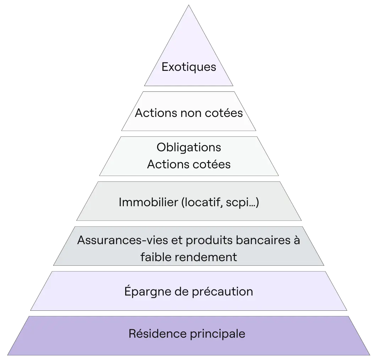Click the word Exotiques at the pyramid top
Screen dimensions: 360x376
click(x=189, y=67)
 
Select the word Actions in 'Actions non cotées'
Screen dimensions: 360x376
click(x=155, y=113)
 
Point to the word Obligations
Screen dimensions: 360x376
click(x=189, y=147)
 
